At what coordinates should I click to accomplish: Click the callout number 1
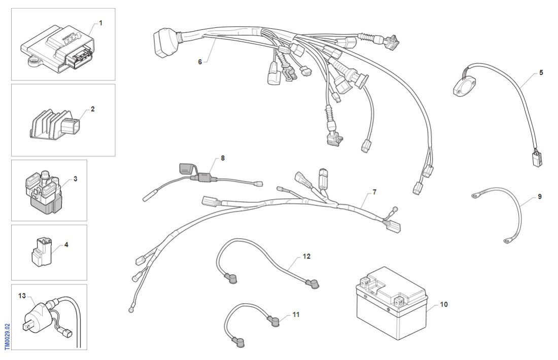(x=100, y=23)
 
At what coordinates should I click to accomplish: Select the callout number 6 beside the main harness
(x=200, y=61)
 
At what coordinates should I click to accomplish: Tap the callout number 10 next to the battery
(x=444, y=304)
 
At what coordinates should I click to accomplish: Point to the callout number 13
(x=21, y=295)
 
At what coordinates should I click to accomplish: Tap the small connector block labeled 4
(x=41, y=252)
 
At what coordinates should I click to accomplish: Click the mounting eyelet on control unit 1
(x=35, y=62)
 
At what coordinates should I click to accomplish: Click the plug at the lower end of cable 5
(x=536, y=159)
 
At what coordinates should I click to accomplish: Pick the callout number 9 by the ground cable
(x=539, y=196)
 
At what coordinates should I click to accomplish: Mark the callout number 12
(x=306, y=257)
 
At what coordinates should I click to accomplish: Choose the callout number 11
(x=296, y=314)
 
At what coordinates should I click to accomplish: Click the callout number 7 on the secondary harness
(x=374, y=192)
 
